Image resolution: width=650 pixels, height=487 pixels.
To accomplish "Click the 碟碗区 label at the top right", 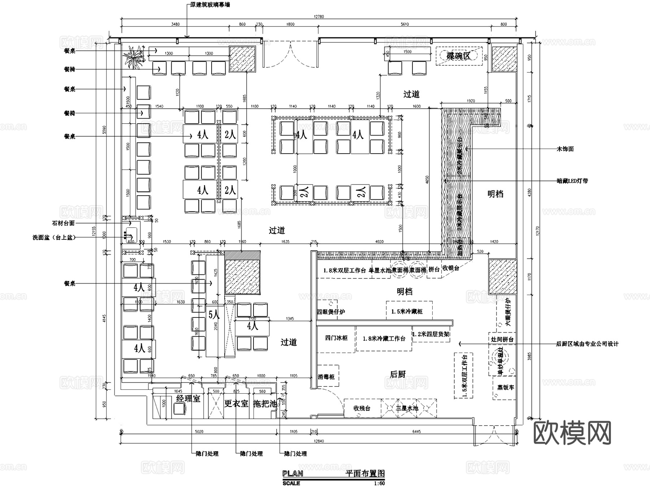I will [459, 56].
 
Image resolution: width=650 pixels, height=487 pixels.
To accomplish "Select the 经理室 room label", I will [188, 399].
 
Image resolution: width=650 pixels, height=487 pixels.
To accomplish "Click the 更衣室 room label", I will [236, 403].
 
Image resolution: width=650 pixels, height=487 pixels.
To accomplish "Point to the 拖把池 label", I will [264, 403].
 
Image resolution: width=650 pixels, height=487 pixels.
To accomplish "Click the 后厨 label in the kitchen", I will [398, 374].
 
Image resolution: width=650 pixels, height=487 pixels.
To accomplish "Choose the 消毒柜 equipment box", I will [326, 377].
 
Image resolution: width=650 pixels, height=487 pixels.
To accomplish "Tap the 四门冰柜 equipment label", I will [336, 338].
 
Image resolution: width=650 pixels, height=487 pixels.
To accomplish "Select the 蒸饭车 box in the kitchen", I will [505, 387].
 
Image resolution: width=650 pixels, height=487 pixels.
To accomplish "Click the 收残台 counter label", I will [362, 408].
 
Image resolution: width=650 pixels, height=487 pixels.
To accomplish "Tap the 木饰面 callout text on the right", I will [565, 149].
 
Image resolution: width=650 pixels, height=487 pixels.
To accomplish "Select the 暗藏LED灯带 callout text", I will [572, 180].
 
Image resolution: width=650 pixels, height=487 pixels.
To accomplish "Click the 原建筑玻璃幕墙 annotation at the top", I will [210, 5].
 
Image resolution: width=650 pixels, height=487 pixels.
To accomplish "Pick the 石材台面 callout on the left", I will [63, 223].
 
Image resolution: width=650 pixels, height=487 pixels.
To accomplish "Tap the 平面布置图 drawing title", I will [365, 474].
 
